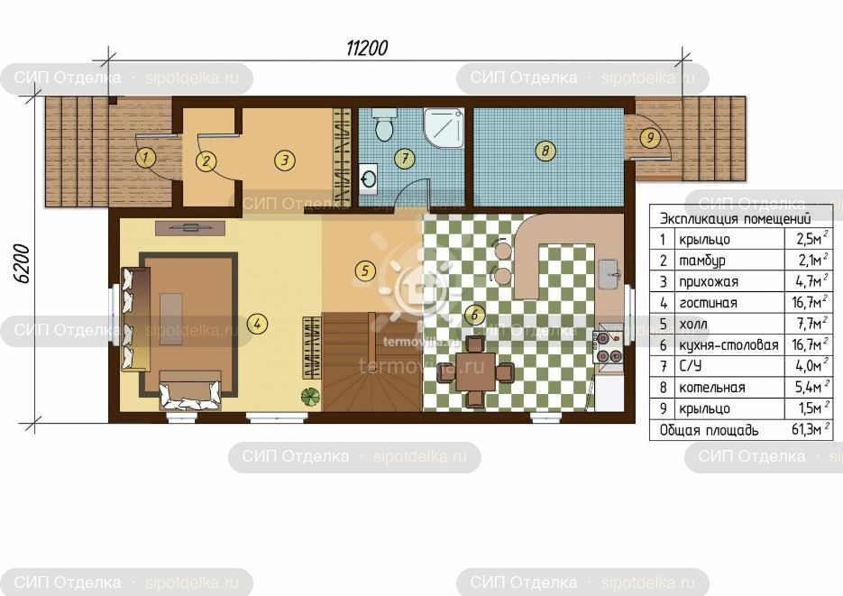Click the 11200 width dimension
367,49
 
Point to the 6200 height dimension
22,263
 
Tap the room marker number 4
258,324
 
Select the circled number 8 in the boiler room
545,151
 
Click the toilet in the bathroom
383,124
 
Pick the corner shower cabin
444,128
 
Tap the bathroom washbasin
368,179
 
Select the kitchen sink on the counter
609,274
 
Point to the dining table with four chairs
475,371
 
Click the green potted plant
310,397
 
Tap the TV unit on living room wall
189,228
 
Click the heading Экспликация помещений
735,218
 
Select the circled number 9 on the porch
650,138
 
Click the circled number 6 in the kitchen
475,315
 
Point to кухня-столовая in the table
728,345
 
